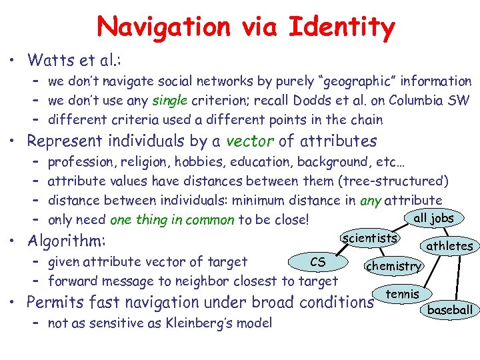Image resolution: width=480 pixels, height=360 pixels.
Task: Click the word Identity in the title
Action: click(341, 27)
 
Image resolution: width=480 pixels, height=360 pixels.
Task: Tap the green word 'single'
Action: click(169, 101)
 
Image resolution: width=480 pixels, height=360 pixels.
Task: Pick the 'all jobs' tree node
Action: click(433, 217)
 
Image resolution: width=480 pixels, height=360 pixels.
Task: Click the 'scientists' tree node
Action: click(369, 237)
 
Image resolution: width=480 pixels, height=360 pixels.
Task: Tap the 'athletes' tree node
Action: click(449, 246)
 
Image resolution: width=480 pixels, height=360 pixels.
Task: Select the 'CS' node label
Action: click(318, 262)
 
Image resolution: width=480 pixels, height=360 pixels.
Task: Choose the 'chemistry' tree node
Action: click(393, 266)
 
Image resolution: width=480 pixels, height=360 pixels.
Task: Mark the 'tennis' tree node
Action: click(403, 293)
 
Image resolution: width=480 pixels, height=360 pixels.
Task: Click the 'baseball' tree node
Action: click(450, 309)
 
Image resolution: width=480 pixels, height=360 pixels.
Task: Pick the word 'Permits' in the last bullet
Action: click(58, 302)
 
